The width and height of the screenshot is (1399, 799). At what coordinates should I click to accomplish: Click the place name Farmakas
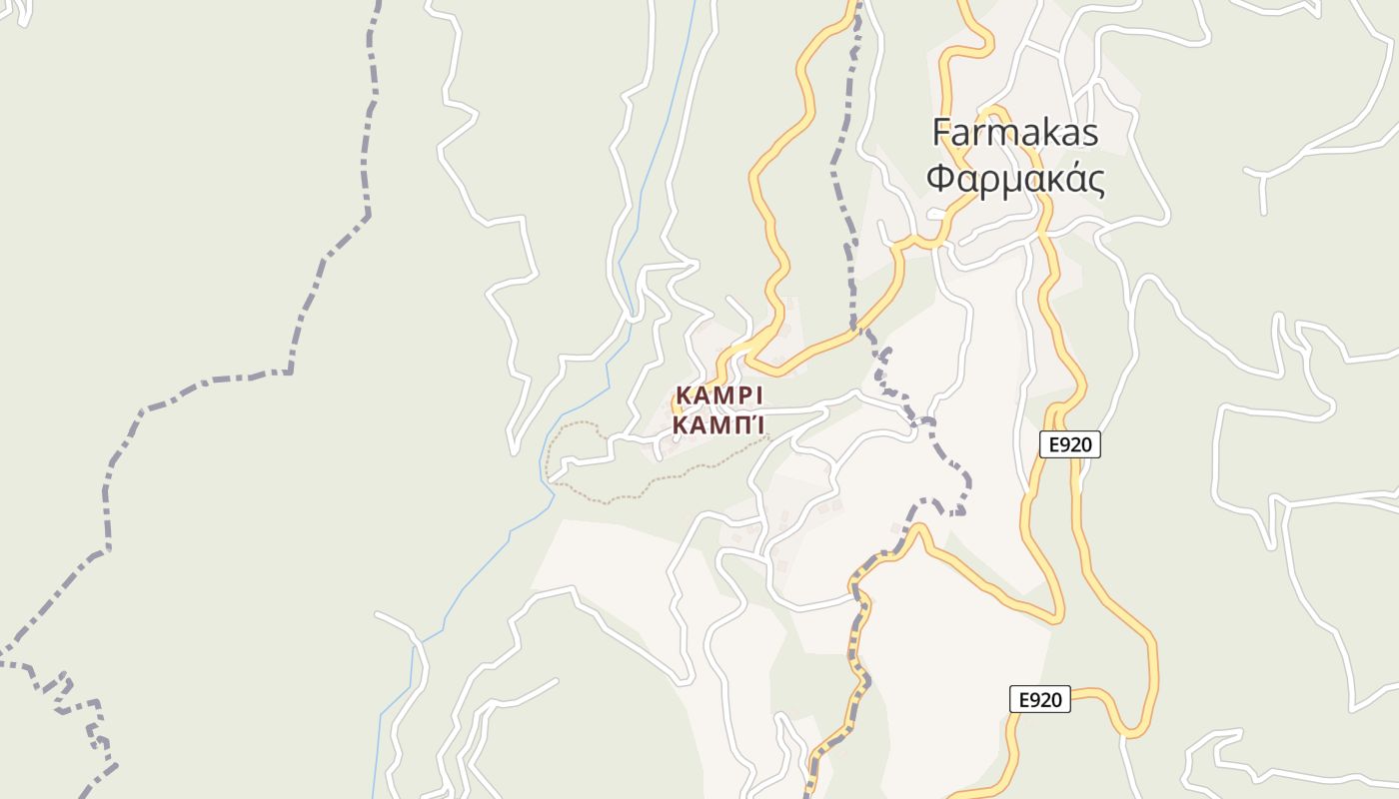click(1015, 133)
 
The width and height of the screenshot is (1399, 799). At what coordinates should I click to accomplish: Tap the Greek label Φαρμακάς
click(1015, 181)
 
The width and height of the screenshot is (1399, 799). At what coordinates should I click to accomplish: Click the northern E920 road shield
click(1069, 444)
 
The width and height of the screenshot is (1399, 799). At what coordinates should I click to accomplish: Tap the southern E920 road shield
click(1039, 699)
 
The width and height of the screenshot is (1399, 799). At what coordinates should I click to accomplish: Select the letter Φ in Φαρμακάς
click(939, 181)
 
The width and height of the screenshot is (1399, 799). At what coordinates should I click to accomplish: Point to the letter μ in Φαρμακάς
click(1013, 183)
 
